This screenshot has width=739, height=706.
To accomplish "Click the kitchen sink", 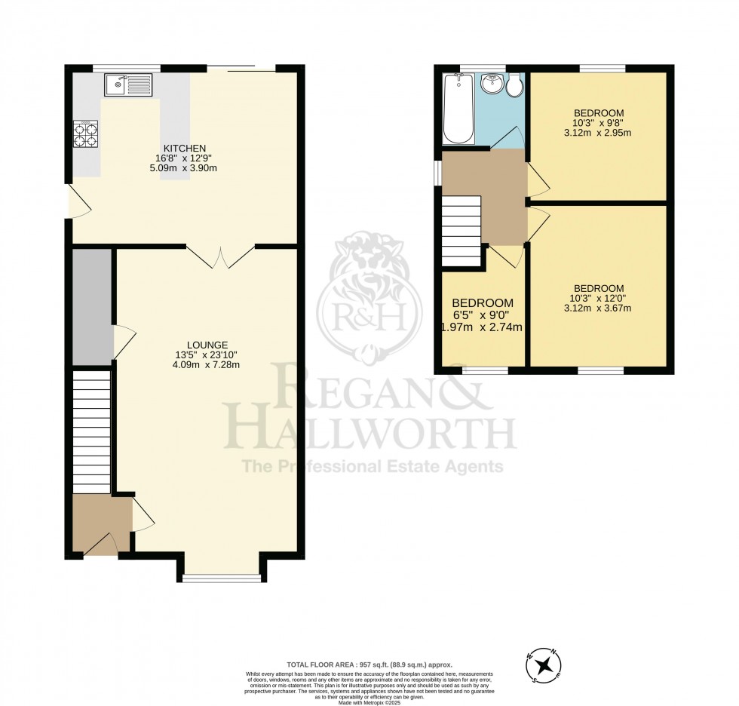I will click(129, 85).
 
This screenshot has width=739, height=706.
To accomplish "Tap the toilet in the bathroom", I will click(515, 86).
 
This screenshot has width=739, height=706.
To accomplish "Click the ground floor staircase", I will click(92, 430).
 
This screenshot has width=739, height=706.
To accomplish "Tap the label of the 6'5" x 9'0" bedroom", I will click(483, 302).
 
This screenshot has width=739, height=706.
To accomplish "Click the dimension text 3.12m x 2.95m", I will click(599, 133).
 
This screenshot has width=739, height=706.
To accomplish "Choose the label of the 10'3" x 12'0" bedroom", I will click(599, 288).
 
